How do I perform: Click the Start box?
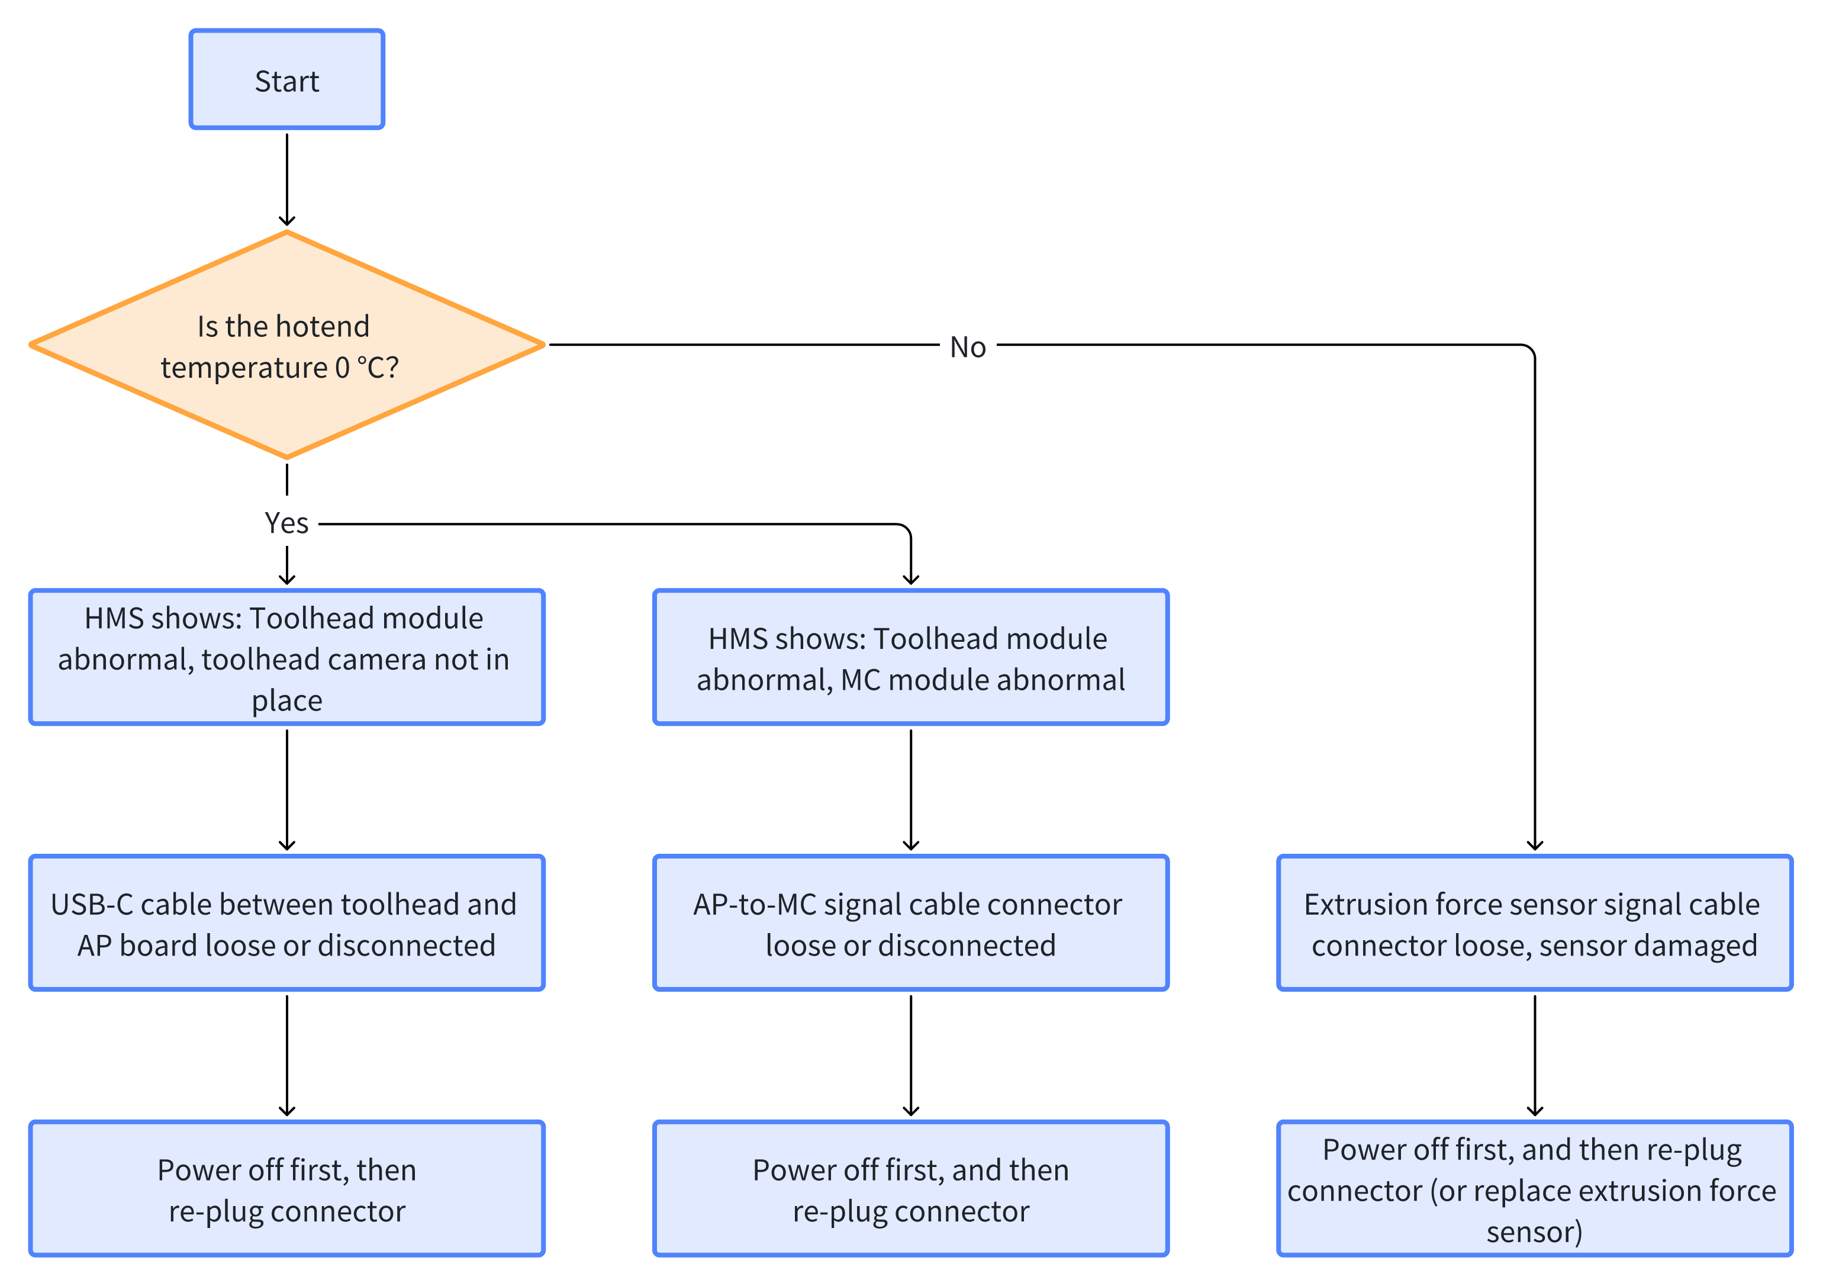click(x=286, y=79)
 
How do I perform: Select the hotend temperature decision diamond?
click(x=286, y=345)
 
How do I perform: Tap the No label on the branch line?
click(x=968, y=347)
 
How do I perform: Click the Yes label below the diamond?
click(x=286, y=523)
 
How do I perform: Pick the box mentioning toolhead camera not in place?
click(x=286, y=657)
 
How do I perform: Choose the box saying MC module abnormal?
click(x=911, y=657)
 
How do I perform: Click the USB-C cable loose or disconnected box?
click(x=286, y=923)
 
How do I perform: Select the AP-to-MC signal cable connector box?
click(x=911, y=923)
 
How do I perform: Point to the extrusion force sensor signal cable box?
click(x=1535, y=923)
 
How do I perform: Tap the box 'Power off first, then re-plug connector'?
click(x=286, y=1189)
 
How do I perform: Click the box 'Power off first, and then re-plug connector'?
click(x=911, y=1189)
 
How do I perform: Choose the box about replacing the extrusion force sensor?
click(x=1535, y=1189)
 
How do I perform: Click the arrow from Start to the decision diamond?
click(x=286, y=181)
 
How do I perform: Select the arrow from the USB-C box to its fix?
click(x=286, y=1056)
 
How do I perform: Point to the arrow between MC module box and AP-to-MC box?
click(x=911, y=790)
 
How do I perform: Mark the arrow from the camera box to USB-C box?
click(x=286, y=790)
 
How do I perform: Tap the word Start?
click(x=286, y=81)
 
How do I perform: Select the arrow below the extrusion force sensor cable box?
click(x=1535, y=1056)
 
